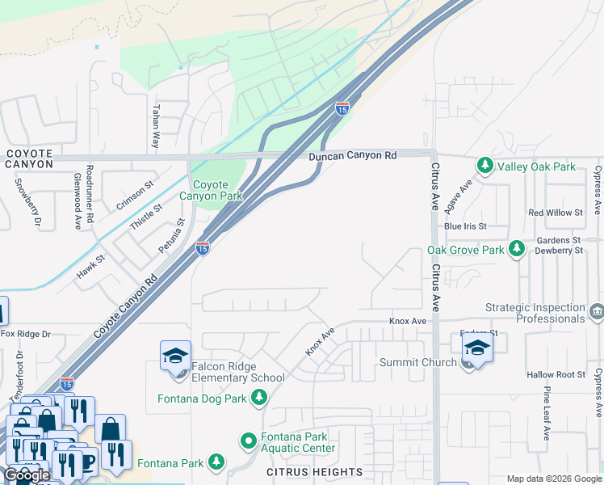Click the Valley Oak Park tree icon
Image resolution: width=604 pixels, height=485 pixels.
[484, 167]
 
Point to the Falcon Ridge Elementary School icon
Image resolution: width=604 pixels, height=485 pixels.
[175, 356]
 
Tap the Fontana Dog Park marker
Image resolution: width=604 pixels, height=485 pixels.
[259, 397]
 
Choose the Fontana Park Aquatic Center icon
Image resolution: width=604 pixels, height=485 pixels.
[249, 441]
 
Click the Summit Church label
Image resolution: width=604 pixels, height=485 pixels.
[418, 362]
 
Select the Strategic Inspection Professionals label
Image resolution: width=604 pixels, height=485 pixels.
[535, 313]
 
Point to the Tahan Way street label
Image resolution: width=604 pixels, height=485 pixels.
[155, 126]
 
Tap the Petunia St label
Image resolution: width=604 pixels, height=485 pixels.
[172, 234]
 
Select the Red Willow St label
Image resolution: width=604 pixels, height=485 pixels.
[556, 213]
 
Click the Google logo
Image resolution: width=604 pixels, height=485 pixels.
[27, 475]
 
